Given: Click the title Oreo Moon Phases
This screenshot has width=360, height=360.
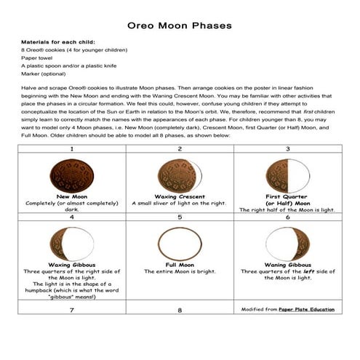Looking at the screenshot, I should click(180, 26).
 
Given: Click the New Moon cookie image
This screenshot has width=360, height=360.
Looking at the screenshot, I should click(71, 175).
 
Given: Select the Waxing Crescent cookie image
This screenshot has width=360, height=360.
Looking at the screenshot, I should click(180, 175).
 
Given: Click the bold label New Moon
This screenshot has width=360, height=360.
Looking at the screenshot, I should click(71, 196).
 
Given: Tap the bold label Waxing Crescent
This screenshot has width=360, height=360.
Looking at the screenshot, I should click(180, 196).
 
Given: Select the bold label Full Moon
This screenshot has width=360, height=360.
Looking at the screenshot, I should click(180, 265).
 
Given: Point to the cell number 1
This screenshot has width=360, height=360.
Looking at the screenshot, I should click(71, 148).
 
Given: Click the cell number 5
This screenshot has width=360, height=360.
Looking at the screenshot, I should click(180, 217).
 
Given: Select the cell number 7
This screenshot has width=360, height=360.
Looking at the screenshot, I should click(71, 311).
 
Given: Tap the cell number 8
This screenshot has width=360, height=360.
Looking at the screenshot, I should click(180, 311).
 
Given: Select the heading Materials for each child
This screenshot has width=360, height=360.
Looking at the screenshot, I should click(58, 42).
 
